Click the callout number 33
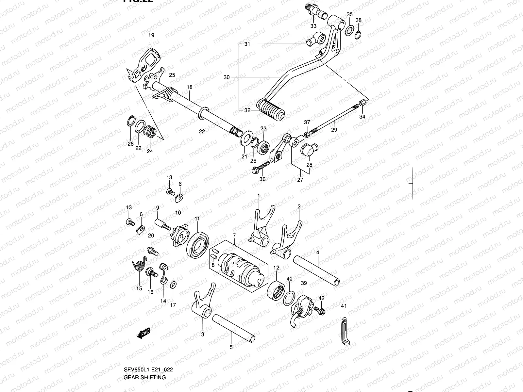click(x=313, y=26)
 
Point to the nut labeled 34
click(x=362, y=104)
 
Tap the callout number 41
click(x=343, y=306)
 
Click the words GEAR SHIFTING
click(x=144, y=377)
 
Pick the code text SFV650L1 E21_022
click(x=148, y=369)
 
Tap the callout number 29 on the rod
click(x=334, y=130)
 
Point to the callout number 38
click(x=359, y=20)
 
